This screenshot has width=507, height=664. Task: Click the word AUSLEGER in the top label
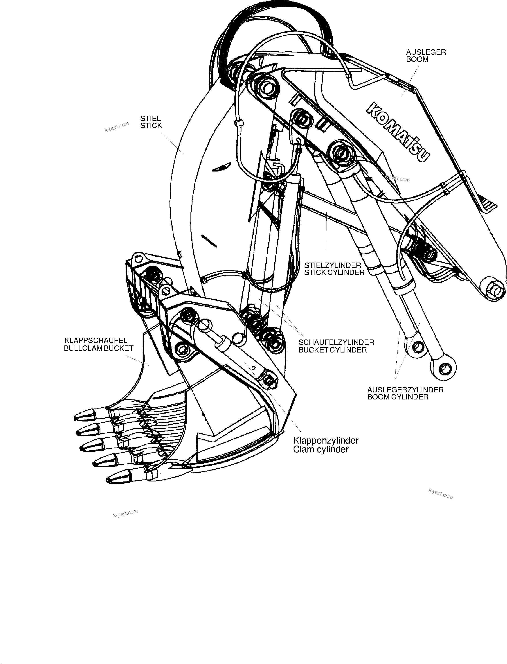[426, 52]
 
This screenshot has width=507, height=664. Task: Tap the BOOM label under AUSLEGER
[417, 59]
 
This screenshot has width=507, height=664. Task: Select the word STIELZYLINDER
[333, 265]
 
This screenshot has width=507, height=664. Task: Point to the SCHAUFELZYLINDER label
[336, 342]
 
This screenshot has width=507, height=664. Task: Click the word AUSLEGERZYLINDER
[405, 390]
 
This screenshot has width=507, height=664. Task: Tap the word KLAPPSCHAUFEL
[96, 341]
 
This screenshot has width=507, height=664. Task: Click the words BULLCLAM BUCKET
[98, 348]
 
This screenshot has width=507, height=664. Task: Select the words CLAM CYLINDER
[321, 450]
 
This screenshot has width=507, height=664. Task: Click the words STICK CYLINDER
[334, 272]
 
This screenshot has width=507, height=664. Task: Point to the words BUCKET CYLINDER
[333, 350]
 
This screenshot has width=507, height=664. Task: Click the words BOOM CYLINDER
[398, 397]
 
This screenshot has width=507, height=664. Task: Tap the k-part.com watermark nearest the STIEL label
[117, 127]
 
